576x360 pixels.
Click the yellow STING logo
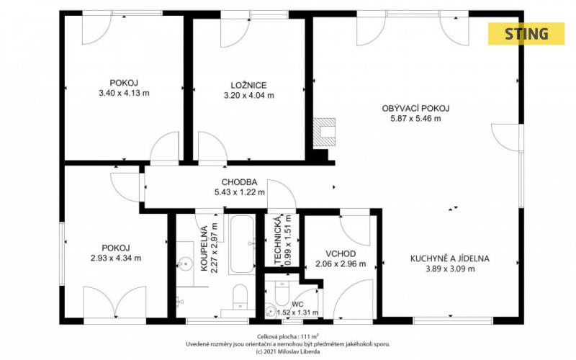526,34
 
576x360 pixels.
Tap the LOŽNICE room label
248,86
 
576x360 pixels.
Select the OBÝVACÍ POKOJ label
415,109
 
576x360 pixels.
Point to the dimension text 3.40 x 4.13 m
124,93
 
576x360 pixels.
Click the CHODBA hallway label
239,182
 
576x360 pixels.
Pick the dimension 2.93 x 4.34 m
116,258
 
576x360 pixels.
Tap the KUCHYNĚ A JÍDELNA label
449,258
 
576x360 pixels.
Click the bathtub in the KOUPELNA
241,244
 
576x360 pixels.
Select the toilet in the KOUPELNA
240,297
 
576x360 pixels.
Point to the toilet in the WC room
282,293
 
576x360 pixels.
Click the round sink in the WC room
271,311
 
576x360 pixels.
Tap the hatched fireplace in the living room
324,132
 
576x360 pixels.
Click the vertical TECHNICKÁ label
278,240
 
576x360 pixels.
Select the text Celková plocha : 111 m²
287,336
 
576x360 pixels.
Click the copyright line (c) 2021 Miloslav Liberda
287,351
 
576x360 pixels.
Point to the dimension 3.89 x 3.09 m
450,269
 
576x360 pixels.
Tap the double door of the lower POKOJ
115,302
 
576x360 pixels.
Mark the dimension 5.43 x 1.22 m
239,192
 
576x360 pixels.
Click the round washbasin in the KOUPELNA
185,264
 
